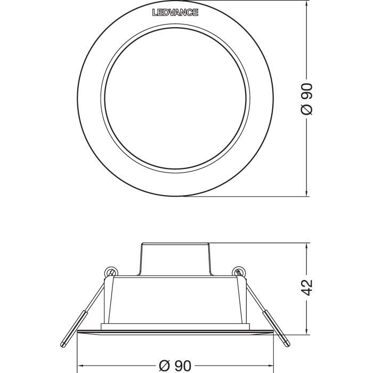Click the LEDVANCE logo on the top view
[x=175, y=12]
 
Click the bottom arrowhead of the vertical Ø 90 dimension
[x=308, y=193]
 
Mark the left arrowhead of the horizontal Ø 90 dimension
[x=81, y=366]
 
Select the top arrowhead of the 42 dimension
[x=308, y=247]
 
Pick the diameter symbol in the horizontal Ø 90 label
[x=165, y=366]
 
